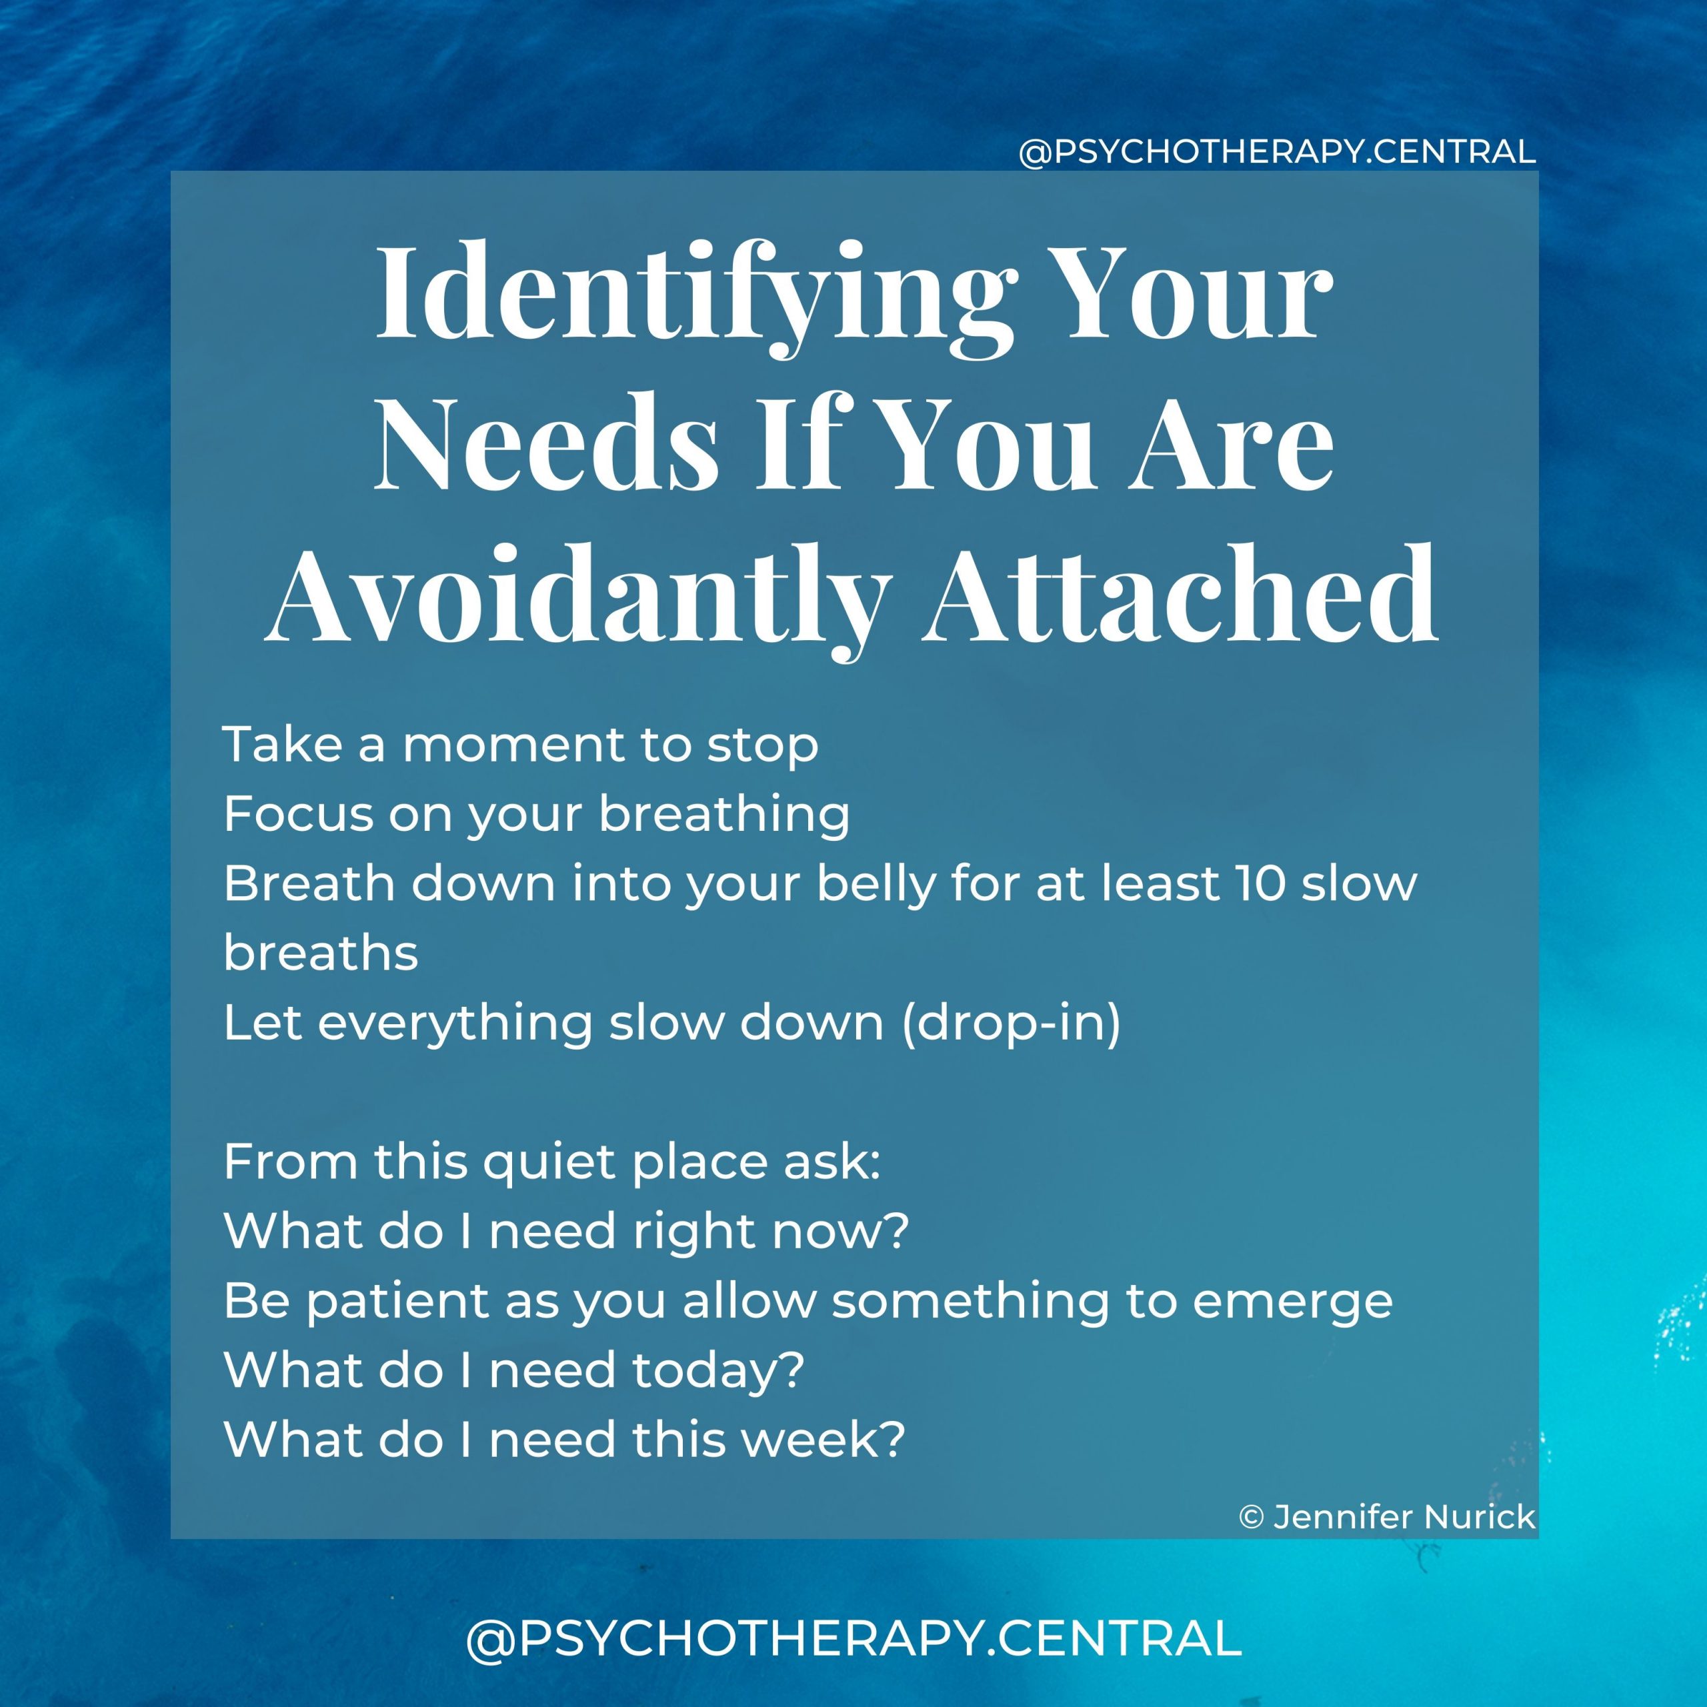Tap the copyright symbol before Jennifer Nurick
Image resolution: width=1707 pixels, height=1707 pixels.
click(x=1251, y=1518)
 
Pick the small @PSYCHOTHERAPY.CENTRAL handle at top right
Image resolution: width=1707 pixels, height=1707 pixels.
click(x=1277, y=152)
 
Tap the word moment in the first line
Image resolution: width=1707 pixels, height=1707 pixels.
click(x=513, y=745)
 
